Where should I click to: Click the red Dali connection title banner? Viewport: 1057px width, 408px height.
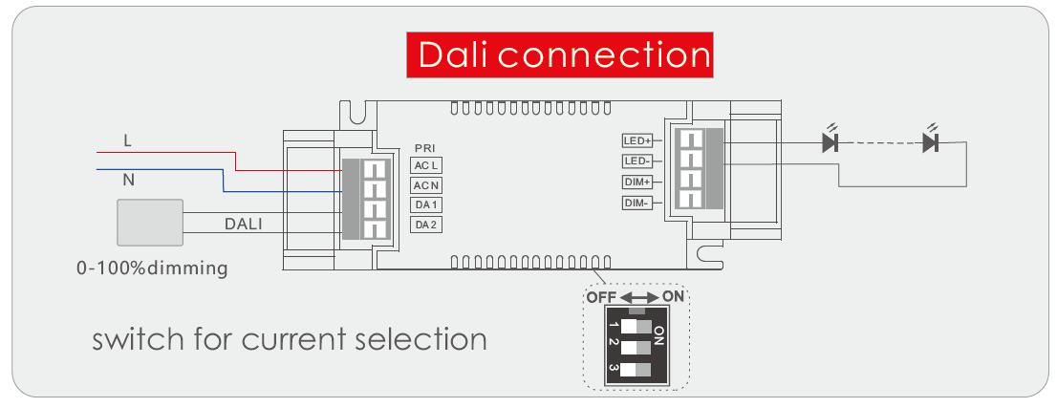[559, 54]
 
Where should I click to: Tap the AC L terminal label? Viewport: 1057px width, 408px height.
[426, 165]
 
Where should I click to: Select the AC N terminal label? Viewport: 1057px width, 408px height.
[426, 185]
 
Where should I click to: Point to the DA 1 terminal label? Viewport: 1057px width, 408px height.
[426, 205]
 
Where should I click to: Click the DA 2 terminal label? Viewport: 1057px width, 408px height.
[426, 225]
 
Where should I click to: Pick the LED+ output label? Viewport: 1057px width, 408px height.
[637, 140]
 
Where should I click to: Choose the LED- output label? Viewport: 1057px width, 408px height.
[637, 161]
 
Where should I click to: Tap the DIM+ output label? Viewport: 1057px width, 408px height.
[637, 183]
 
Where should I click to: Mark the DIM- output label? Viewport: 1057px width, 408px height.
[637, 203]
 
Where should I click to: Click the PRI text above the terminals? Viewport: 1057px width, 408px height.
[426, 148]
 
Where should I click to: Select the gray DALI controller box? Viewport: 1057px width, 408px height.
[150, 223]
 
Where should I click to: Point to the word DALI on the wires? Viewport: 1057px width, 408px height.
[244, 224]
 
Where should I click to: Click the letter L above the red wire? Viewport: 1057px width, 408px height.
[127, 141]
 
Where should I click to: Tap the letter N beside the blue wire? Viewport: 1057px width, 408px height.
[128, 180]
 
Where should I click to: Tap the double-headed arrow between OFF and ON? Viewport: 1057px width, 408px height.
[639, 297]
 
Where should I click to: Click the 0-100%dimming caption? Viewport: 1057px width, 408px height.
[152, 268]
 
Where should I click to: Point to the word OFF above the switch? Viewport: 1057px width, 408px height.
[602, 297]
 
